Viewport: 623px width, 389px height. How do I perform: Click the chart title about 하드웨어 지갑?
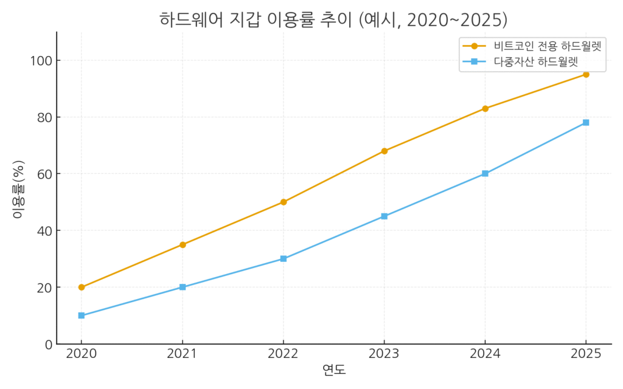(x=333, y=19)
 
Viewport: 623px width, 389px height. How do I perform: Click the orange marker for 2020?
(x=82, y=287)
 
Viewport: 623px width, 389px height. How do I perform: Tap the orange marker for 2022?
(x=284, y=202)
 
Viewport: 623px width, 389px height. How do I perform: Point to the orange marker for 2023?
(x=385, y=151)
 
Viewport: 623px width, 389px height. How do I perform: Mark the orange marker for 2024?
(x=485, y=108)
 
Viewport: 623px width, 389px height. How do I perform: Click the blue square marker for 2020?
(x=82, y=315)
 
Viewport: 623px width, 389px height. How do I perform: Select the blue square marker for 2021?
(x=183, y=287)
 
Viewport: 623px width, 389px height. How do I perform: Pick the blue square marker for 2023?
(x=385, y=216)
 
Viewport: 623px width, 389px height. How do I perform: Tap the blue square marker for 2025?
(x=586, y=123)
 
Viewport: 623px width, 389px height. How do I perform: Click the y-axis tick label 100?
(x=41, y=61)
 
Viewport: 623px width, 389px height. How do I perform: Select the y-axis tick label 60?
(x=44, y=174)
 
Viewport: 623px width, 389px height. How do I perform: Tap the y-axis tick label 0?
(x=48, y=344)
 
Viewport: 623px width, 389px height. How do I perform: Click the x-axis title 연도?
(x=333, y=370)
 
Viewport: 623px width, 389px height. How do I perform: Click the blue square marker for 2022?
(x=284, y=258)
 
